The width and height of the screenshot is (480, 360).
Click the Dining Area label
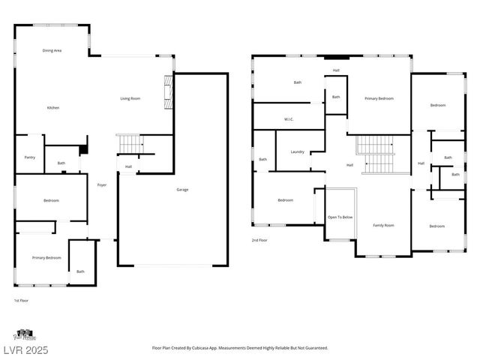(x=52, y=50)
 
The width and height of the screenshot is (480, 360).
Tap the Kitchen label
(x=53, y=108)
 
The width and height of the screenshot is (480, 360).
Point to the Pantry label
(x=30, y=157)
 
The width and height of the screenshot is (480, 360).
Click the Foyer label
(x=102, y=184)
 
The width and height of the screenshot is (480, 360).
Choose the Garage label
(x=182, y=190)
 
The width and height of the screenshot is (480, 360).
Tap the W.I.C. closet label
(x=288, y=119)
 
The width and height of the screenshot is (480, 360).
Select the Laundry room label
(x=298, y=152)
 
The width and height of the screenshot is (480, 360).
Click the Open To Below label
(x=340, y=217)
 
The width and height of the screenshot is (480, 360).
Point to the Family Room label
(x=383, y=225)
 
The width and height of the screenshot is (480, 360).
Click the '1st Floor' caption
(x=22, y=300)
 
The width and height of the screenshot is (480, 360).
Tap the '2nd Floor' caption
(x=259, y=240)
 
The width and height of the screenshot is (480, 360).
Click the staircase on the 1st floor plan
(x=129, y=142)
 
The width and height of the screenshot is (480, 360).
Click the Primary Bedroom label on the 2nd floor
(x=379, y=99)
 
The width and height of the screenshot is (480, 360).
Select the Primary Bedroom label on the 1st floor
(x=46, y=258)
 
